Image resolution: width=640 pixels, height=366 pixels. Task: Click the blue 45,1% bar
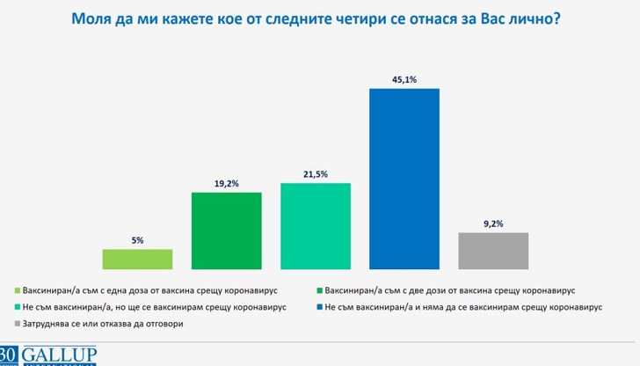[404, 178]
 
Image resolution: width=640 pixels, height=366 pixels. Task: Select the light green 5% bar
[137, 259]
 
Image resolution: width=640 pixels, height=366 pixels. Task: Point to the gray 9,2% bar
[493, 250]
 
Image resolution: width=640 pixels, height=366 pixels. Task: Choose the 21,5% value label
[316, 173]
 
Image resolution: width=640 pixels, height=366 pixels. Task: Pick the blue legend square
[317, 307]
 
